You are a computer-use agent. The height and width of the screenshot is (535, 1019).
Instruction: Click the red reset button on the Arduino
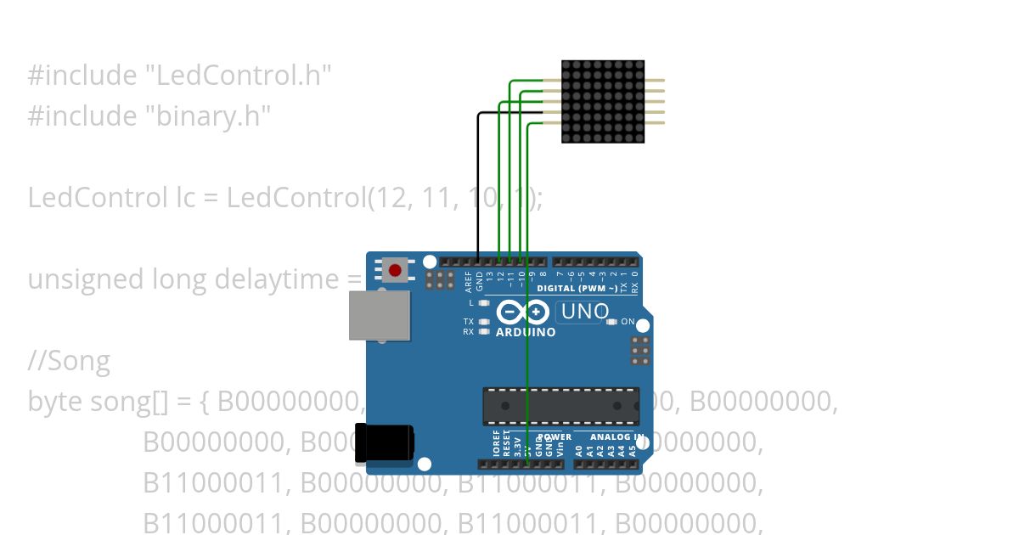[395, 271]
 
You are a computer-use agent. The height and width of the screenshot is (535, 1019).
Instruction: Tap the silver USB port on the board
[380, 315]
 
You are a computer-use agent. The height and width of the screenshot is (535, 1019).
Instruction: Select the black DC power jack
[385, 443]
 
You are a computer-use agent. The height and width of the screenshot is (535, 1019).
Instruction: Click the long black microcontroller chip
[560, 406]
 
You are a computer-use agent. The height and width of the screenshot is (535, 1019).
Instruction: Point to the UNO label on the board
[585, 312]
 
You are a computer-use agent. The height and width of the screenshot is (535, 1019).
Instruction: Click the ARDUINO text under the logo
[526, 332]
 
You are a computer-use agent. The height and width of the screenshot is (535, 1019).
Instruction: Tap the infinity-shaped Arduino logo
[526, 312]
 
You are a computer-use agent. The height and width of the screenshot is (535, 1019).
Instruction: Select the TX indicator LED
[484, 322]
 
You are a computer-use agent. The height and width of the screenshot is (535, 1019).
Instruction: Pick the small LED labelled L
[484, 302]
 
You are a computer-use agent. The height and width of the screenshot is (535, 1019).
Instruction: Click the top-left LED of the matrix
[567, 65]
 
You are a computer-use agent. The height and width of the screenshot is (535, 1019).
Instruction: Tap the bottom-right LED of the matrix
[639, 138]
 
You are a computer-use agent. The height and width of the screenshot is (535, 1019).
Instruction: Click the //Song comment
[69, 362]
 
